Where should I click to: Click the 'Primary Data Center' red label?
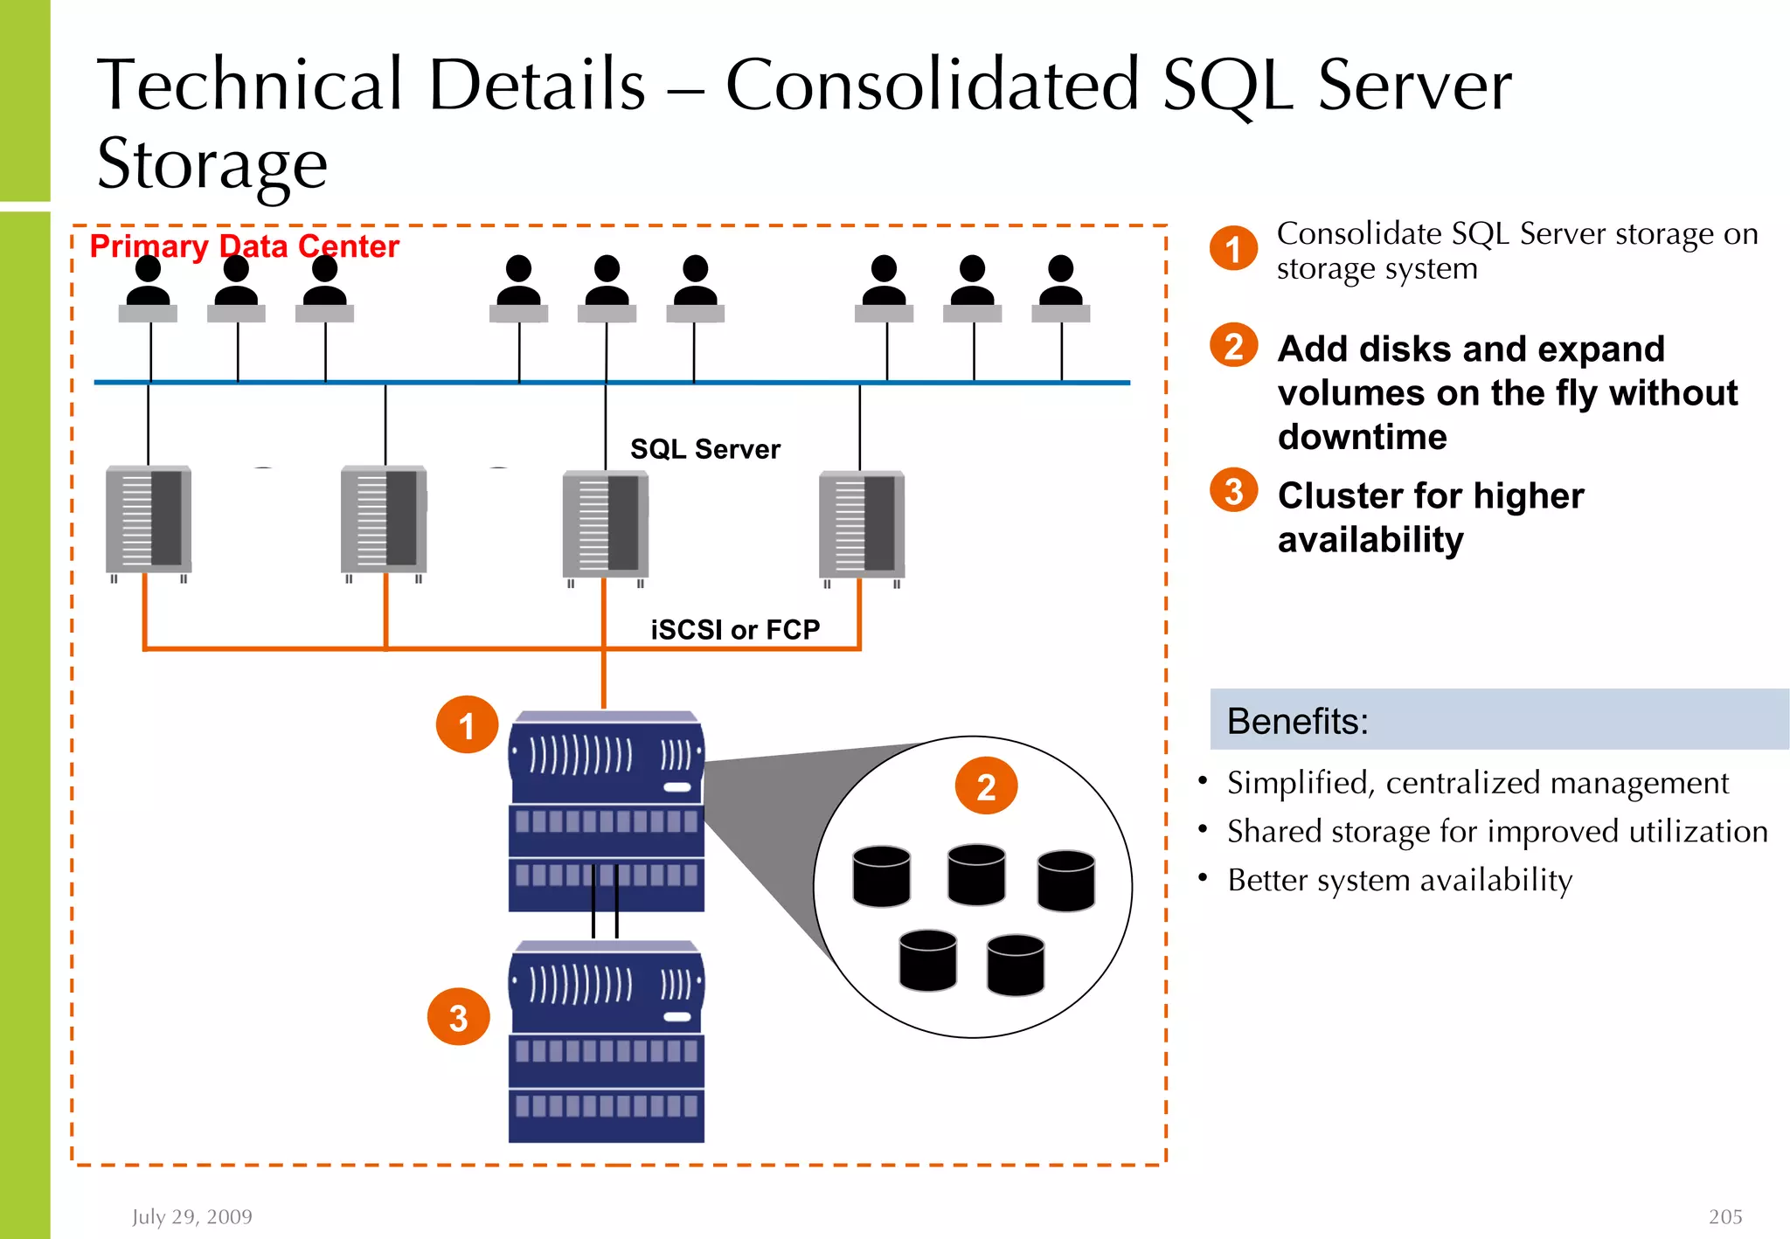(x=244, y=246)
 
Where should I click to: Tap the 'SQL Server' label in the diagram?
(x=704, y=449)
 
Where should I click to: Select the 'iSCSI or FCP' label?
(x=735, y=629)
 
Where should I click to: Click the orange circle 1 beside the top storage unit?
(x=467, y=725)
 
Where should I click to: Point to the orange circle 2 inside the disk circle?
(x=985, y=786)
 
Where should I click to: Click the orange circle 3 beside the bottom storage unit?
(x=458, y=1017)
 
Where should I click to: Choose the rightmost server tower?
(x=862, y=526)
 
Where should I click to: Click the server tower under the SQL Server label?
(x=606, y=526)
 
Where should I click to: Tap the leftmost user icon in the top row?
(x=148, y=288)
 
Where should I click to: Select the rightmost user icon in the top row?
(x=1060, y=288)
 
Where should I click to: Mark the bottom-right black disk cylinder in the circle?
(x=1015, y=965)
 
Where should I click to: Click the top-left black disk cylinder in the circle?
(x=881, y=876)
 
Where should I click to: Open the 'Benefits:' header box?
(x=1498, y=720)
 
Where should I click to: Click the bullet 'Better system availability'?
(x=1399, y=880)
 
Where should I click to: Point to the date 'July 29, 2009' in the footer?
(x=192, y=1216)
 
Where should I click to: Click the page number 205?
(x=1724, y=1216)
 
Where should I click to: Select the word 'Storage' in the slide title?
(x=212, y=164)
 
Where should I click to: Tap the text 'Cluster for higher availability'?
(x=1430, y=517)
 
